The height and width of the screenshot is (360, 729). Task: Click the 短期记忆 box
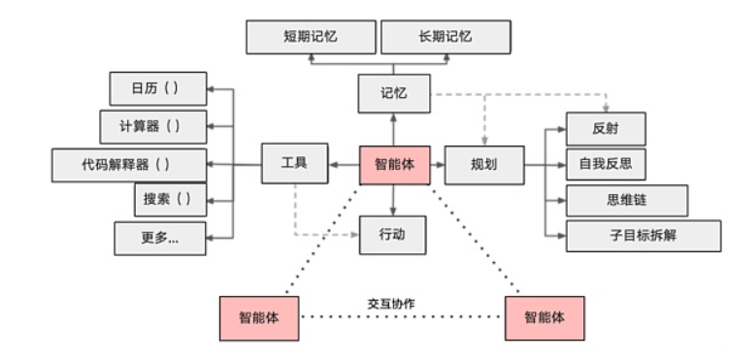(x=310, y=37)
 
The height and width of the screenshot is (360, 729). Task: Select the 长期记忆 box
(x=446, y=37)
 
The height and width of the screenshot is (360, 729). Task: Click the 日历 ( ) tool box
(x=156, y=89)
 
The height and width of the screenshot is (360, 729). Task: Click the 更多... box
(x=160, y=237)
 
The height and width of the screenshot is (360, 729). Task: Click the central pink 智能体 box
(x=394, y=165)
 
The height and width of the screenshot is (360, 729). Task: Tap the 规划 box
(x=483, y=165)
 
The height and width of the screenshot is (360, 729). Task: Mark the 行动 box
(x=394, y=234)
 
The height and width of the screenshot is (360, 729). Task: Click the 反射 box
(x=606, y=128)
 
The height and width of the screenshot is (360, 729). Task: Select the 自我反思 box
(x=606, y=164)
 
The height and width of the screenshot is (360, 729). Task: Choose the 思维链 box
(x=626, y=200)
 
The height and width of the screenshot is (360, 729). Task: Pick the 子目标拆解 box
(x=644, y=236)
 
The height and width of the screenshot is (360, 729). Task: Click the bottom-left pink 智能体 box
(x=259, y=317)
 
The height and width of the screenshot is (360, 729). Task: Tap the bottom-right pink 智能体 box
(x=545, y=317)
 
